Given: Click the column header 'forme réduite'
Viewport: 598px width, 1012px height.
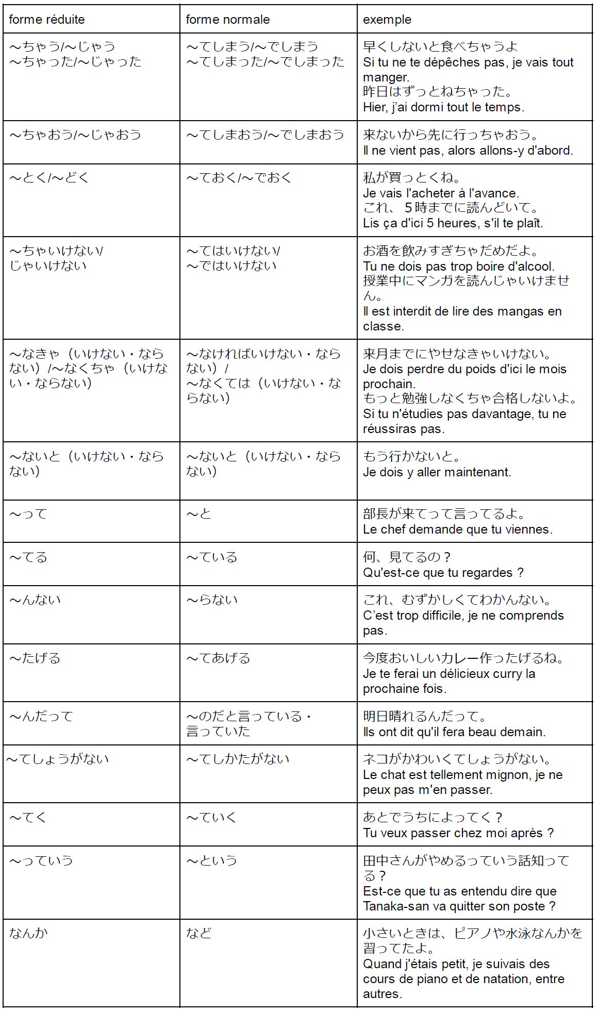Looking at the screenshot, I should [47, 20].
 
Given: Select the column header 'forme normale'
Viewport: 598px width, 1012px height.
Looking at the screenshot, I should [228, 20].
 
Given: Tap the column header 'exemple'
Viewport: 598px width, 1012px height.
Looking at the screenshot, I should [387, 20].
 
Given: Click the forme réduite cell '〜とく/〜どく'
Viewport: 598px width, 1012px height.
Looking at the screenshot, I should [49, 178].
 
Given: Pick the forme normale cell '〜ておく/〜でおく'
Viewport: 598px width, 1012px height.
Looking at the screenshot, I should [239, 178].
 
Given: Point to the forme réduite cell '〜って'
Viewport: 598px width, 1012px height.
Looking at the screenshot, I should [28, 514].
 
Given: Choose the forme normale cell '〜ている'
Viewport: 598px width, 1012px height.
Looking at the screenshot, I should [212, 557].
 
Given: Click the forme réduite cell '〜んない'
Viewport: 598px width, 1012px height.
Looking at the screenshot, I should [35, 600].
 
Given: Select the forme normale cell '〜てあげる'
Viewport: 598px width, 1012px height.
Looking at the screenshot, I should [219, 658].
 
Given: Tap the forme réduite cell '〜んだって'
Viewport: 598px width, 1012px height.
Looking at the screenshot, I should [41, 717].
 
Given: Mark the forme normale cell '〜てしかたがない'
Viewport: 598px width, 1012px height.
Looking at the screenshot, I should [238, 759].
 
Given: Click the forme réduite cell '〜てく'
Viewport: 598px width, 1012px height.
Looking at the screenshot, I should [28, 818].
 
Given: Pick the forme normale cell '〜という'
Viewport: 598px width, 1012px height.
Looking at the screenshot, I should [212, 860].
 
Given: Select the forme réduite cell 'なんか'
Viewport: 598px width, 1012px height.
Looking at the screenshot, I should [28, 933].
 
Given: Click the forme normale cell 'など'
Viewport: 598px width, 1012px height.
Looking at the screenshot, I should [199, 933].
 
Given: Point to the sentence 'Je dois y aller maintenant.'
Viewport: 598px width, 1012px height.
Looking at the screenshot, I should [437, 472].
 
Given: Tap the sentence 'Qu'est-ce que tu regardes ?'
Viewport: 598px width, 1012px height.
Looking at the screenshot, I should [443, 573].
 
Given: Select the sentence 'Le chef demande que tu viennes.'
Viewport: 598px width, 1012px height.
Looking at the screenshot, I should [458, 529].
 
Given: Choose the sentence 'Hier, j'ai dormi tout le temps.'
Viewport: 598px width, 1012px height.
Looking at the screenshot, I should [443, 107].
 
